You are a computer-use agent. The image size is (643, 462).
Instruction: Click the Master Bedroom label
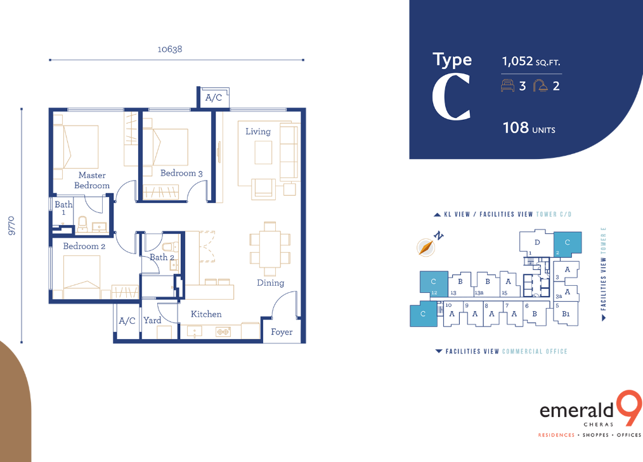[x=92, y=181]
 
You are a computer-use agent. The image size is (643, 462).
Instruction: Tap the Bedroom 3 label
[x=181, y=173]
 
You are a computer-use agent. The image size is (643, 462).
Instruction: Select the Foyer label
[x=282, y=331]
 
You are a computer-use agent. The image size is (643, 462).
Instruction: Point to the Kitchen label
[x=206, y=314]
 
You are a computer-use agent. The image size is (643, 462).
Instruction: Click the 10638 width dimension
[x=170, y=49]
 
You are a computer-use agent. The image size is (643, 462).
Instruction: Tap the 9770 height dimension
[x=11, y=226]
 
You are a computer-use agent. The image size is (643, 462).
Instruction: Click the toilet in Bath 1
[x=82, y=224]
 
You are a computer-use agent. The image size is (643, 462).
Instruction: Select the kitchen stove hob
[x=223, y=331]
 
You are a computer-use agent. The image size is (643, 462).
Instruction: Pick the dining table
[x=270, y=249]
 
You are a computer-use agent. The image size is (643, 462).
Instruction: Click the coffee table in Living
[x=263, y=153]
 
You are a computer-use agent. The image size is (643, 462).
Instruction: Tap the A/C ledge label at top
[x=213, y=98]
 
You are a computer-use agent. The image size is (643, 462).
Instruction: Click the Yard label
[x=152, y=320]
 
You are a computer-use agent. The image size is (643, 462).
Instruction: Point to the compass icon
[x=425, y=247]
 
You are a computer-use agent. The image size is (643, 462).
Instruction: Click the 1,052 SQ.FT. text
[x=531, y=61]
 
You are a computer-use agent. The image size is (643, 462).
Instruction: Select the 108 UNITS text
[x=529, y=128]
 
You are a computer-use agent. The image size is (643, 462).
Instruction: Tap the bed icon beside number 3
[x=508, y=86]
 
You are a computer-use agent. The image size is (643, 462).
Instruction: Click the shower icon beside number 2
[x=540, y=86]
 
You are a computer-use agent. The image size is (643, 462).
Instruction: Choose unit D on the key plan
[x=537, y=242]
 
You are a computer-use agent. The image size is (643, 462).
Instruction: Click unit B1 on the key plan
[x=566, y=314]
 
